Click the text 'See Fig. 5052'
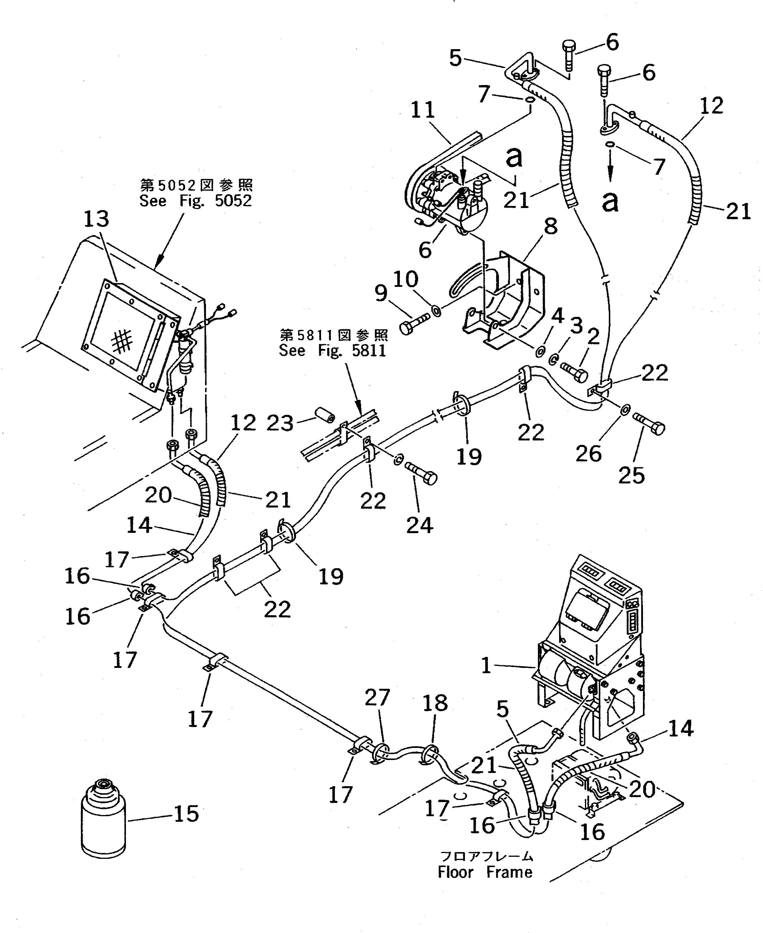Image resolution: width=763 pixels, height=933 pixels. click(196, 201)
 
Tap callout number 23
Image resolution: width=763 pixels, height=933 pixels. click(280, 423)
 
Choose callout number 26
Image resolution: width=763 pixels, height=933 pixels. click(588, 453)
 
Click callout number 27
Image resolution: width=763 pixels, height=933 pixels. click(377, 697)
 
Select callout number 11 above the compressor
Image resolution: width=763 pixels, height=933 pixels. click(423, 110)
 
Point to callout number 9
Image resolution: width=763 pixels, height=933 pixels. click(381, 293)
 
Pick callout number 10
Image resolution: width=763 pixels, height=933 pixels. click(405, 279)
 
